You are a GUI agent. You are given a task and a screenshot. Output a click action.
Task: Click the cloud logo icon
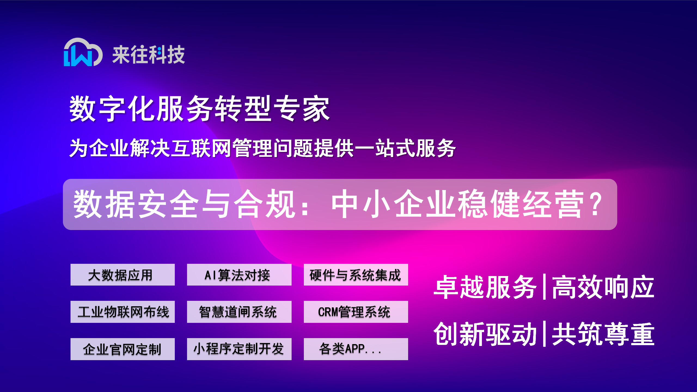point(83,52)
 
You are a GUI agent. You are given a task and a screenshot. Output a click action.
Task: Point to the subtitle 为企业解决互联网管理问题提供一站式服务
point(262,148)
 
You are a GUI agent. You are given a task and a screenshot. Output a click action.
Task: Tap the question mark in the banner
point(597,204)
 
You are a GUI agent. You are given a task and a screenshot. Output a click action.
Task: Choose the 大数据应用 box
point(123,275)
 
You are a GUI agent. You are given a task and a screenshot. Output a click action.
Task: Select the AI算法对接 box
point(239,275)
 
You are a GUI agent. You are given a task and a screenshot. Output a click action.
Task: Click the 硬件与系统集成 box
point(356,275)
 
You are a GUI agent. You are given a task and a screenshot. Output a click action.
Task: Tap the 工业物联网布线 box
point(123,312)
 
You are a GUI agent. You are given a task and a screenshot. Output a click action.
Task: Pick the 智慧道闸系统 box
point(239,312)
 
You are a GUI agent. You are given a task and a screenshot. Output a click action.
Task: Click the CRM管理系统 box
point(356,312)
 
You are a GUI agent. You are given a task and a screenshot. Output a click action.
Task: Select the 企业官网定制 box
point(123,349)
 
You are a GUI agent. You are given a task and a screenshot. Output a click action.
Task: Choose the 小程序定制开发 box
point(239,349)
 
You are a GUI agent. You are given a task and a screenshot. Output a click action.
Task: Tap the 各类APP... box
point(356,349)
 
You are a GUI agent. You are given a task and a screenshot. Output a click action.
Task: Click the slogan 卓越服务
point(485,287)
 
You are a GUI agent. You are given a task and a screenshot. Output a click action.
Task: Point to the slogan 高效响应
point(603,287)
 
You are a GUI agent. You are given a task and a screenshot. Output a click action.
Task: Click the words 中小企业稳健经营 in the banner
point(457,204)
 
